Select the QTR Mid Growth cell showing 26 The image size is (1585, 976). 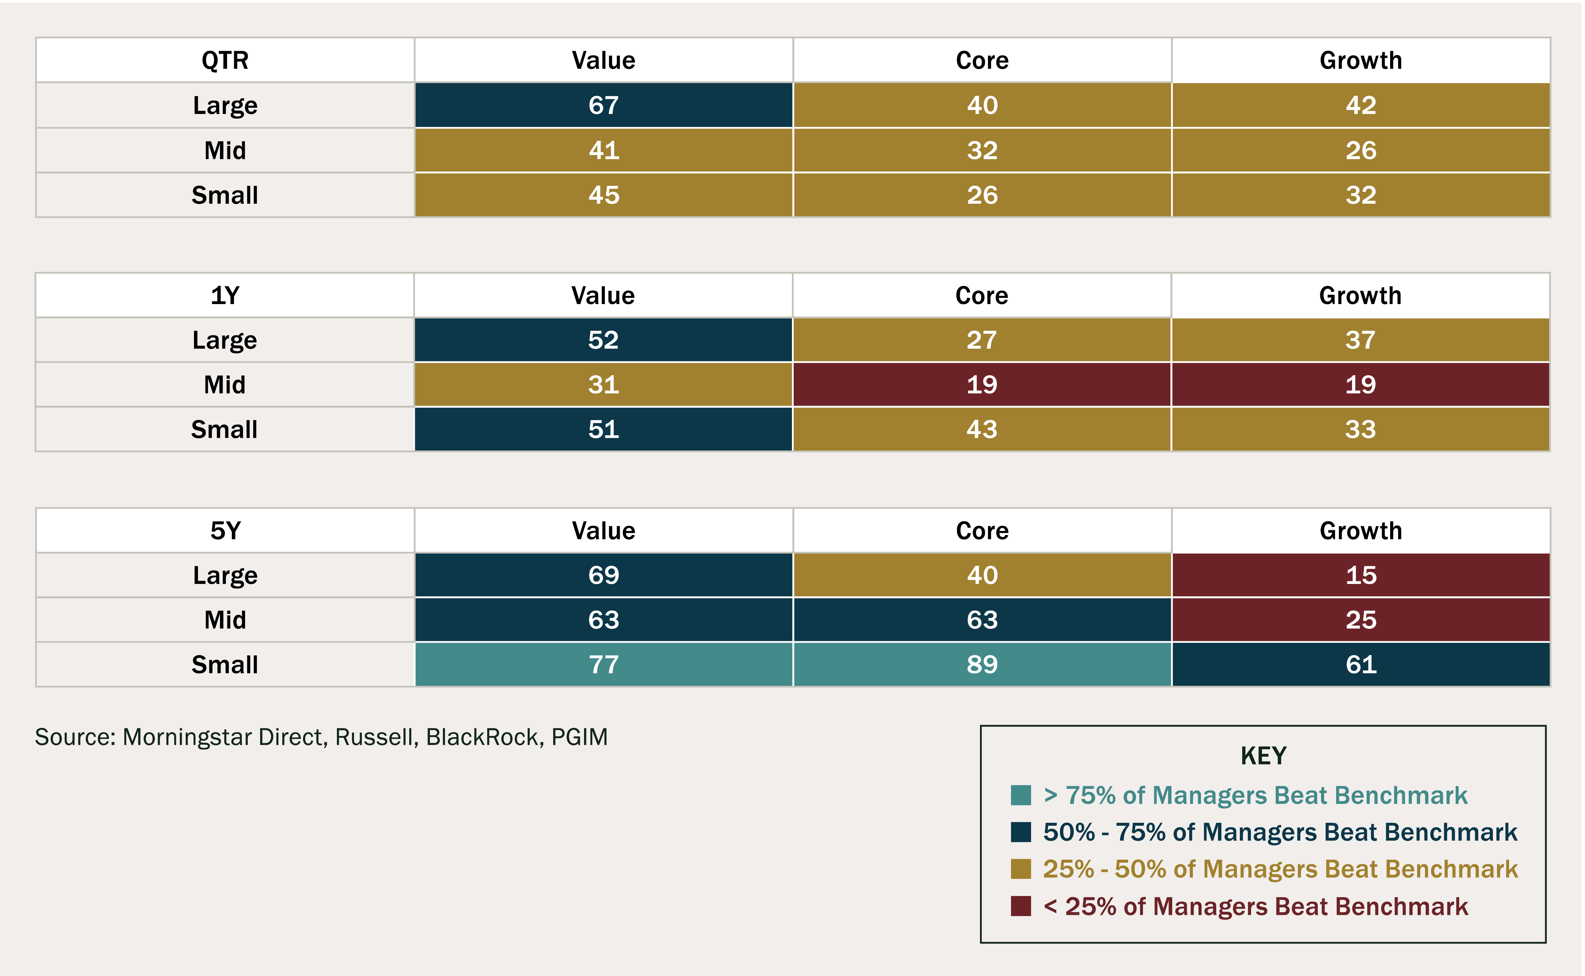point(1360,150)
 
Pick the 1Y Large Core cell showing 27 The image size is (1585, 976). point(981,340)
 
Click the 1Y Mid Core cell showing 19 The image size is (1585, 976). point(981,385)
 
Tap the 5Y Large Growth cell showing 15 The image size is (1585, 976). point(1360,575)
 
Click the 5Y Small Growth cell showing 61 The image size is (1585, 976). point(1360,664)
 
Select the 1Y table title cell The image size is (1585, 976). point(225,296)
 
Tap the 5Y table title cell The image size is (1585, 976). point(225,531)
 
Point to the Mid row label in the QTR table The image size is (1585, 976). point(225,150)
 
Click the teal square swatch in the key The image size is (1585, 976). point(1021,795)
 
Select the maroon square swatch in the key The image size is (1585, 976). point(1021,906)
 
